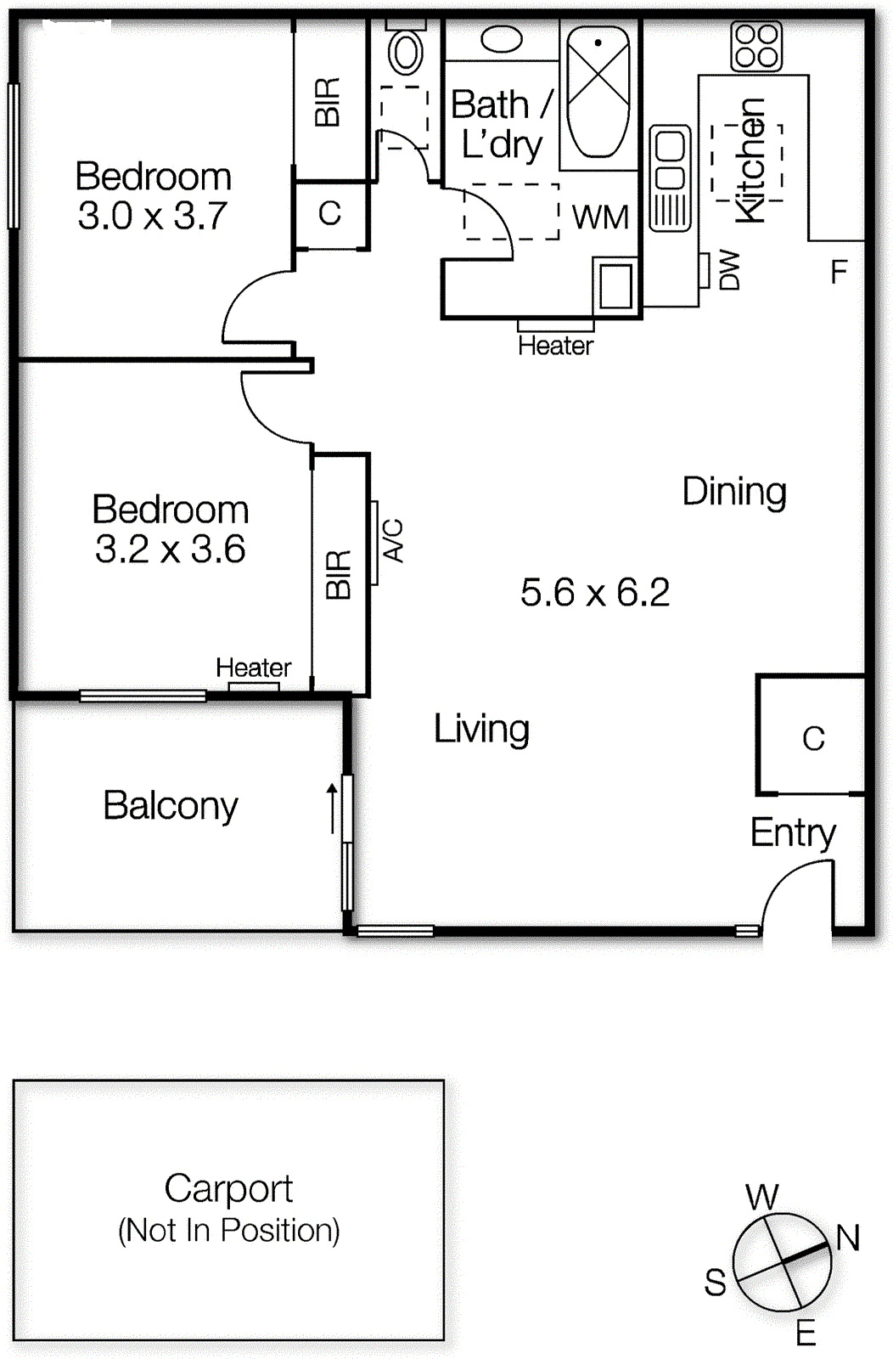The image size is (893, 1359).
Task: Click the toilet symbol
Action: pyautogui.click(x=406, y=53)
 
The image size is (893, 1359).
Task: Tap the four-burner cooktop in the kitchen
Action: pyautogui.click(x=755, y=46)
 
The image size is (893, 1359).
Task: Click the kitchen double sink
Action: pyautogui.click(x=670, y=178)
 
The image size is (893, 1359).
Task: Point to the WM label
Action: pyautogui.click(x=600, y=217)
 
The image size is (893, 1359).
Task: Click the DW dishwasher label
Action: pyautogui.click(x=729, y=270)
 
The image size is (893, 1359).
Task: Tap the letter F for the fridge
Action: pyautogui.click(x=839, y=273)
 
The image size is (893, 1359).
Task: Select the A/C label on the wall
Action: pyautogui.click(x=393, y=540)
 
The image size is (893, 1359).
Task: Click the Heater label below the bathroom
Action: pyautogui.click(x=555, y=346)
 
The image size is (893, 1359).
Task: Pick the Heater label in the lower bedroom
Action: pyautogui.click(x=253, y=668)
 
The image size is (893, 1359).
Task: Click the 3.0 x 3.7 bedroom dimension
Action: pyautogui.click(x=153, y=216)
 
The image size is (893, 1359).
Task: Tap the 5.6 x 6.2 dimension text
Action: pyautogui.click(x=595, y=593)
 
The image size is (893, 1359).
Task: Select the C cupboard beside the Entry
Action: pyautogui.click(x=813, y=738)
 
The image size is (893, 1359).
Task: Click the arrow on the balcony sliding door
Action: pyautogui.click(x=332, y=808)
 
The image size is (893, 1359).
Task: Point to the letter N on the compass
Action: pyautogui.click(x=847, y=1238)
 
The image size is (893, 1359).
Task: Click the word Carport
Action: pyautogui.click(x=228, y=1188)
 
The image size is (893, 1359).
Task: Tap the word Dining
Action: pyautogui.click(x=734, y=492)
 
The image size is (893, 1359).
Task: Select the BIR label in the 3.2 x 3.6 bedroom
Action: pyautogui.click(x=339, y=574)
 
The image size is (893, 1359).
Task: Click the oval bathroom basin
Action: pyautogui.click(x=502, y=39)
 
